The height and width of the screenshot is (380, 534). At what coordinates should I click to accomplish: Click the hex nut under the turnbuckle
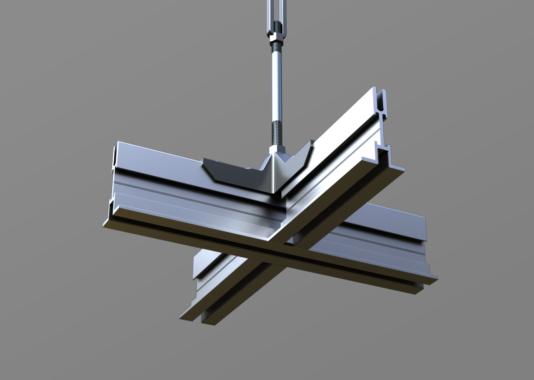pyautogui.click(x=277, y=40)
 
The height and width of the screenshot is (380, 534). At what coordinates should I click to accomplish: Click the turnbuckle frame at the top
pyautogui.click(x=277, y=13)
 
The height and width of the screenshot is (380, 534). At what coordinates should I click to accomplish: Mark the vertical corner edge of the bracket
pyautogui.click(x=273, y=175)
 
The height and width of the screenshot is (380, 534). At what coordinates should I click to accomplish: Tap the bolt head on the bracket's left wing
pyautogui.click(x=249, y=169)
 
